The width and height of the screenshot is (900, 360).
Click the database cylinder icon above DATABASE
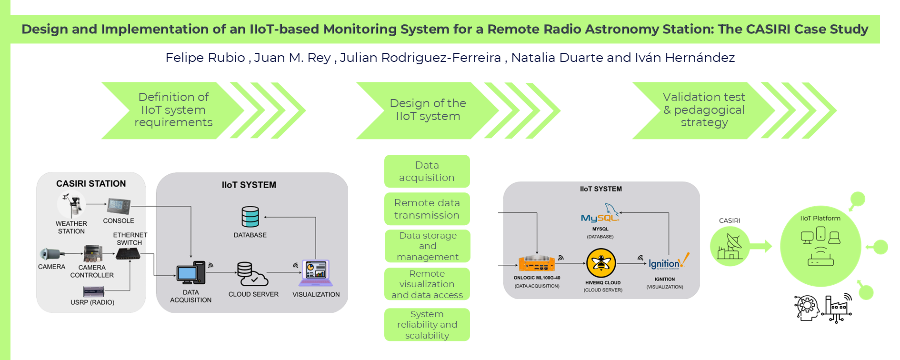point(250,217)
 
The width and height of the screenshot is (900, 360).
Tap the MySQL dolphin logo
point(600,213)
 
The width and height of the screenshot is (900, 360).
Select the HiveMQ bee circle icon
point(601,263)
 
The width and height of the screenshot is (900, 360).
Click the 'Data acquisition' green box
point(427,171)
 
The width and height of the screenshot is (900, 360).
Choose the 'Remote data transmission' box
point(427,209)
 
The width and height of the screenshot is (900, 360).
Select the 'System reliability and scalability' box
point(427,325)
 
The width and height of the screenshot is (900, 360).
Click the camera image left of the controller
point(51,254)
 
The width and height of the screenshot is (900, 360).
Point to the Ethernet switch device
point(129,254)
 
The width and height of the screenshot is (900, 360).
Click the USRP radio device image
point(93,291)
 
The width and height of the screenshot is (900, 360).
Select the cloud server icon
point(252,274)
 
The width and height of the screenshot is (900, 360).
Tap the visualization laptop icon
point(316,273)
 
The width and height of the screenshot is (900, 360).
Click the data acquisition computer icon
point(191,273)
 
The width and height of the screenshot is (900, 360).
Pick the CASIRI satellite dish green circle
point(730,247)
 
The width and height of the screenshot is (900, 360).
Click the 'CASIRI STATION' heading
point(91,184)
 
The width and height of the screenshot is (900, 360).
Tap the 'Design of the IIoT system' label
point(428,110)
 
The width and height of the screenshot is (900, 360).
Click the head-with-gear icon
point(806,308)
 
